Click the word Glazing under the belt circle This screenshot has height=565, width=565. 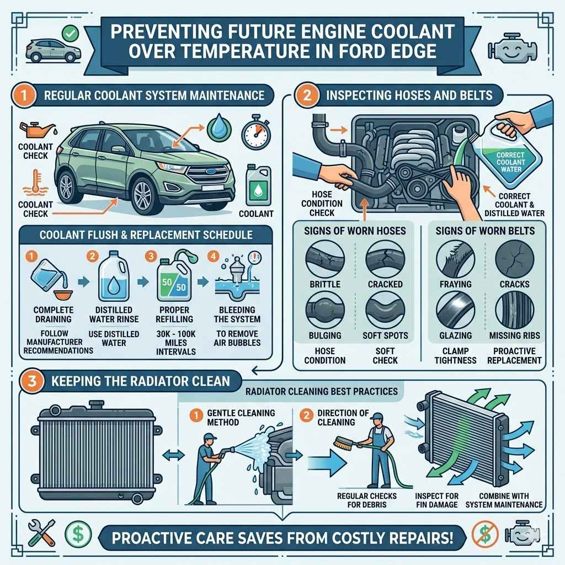[x=456, y=335]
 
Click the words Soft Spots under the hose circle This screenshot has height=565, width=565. [x=385, y=335]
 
